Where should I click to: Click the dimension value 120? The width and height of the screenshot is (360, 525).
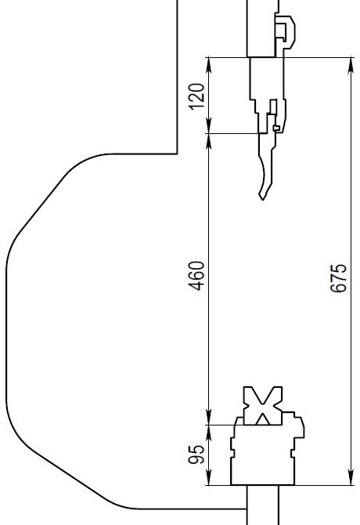coord(196,96)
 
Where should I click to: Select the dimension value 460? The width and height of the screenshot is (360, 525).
coord(196,276)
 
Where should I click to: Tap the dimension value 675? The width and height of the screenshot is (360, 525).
coord(338,278)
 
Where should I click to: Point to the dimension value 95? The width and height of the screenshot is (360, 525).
coord(196,454)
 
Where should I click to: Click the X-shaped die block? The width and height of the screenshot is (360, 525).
coord(263,405)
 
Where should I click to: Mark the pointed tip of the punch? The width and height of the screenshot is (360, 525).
coord(263,200)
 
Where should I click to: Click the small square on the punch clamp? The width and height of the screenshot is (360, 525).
coord(276,128)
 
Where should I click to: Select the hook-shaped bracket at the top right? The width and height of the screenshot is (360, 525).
coord(285,32)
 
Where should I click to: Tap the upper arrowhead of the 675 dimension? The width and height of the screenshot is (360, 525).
coord(351,65)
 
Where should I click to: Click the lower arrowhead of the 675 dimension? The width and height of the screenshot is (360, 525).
coord(351,477)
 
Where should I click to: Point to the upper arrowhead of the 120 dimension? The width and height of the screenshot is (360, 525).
coord(209,65)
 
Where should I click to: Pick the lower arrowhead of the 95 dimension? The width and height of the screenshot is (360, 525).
coord(209,477)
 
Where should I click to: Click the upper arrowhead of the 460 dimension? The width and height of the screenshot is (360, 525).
coord(209,141)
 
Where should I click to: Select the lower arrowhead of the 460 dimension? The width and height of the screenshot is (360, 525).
coord(209,418)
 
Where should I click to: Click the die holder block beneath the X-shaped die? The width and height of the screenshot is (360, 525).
coord(264,455)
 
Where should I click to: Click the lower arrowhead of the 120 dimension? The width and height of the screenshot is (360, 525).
coord(209,126)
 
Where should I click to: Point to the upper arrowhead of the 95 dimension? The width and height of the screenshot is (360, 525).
coord(209,433)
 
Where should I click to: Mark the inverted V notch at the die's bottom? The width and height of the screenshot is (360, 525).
coord(263,419)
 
